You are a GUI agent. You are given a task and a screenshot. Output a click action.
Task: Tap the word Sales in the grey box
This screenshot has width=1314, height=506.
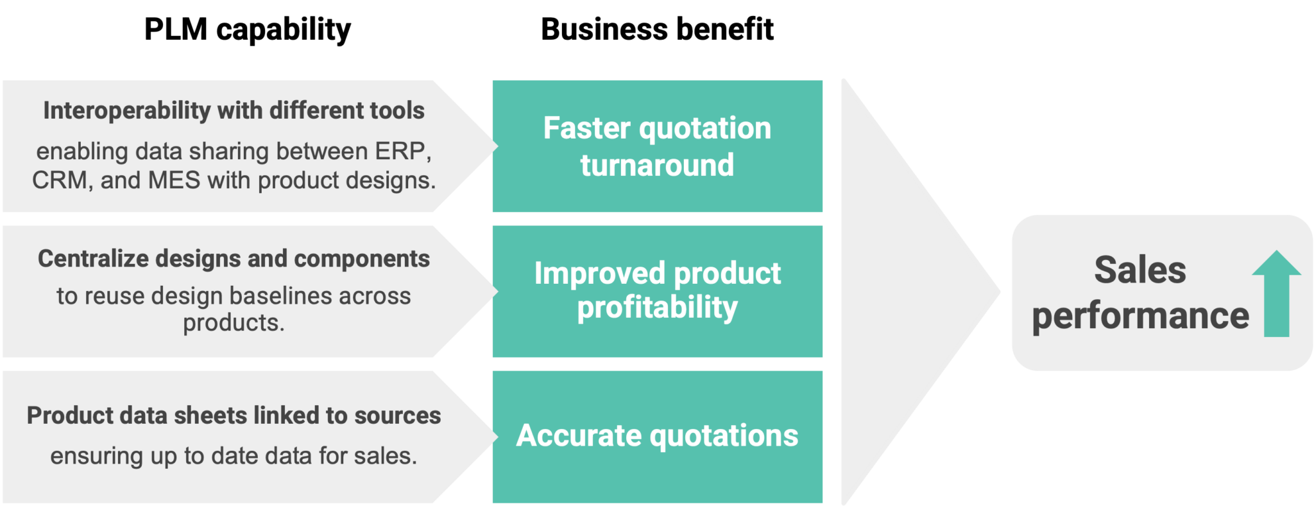tap(1140, 270)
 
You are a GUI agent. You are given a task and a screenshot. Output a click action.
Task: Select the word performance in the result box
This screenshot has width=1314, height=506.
tap(1140, 316)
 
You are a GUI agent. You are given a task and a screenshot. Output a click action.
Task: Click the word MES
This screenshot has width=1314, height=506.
tap(174, 180)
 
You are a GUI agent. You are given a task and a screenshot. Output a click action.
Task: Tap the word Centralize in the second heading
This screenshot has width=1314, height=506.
tap(93, 259)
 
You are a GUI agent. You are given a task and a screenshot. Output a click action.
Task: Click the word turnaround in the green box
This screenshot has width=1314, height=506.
tap(657, 166)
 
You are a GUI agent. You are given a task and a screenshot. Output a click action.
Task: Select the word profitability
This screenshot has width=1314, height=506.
tap(657, 308)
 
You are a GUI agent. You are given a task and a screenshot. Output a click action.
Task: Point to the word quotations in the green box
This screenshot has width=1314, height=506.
tap(724, 436)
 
